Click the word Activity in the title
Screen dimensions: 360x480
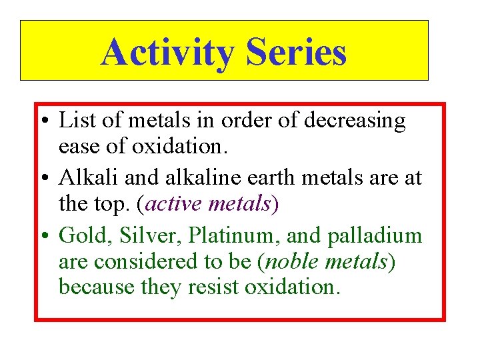pos(168,52)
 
